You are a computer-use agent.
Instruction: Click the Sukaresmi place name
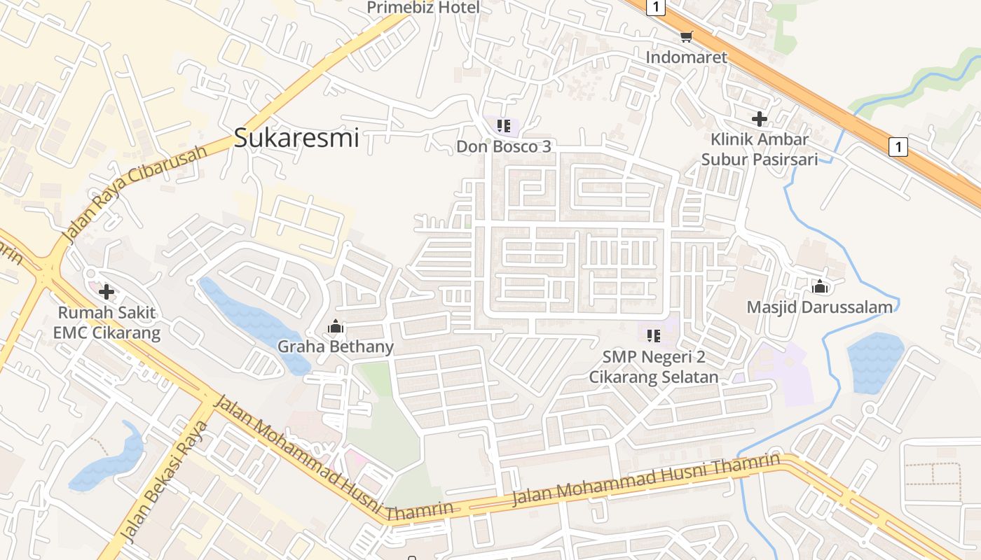[296, 138]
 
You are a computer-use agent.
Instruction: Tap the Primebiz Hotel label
[424, 8]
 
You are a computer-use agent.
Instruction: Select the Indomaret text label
[687, 57]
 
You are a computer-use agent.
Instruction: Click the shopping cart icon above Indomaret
[687, 36]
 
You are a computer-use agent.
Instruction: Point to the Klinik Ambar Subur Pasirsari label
[760, 149]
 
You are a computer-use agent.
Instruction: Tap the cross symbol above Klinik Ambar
[759, 118]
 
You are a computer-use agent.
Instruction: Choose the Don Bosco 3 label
[504, 146]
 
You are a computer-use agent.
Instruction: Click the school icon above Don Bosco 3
[503, 126]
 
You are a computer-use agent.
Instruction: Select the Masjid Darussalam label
[819, 307]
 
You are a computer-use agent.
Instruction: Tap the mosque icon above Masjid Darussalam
[819, 286]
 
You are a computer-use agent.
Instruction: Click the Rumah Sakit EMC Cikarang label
[107, 323]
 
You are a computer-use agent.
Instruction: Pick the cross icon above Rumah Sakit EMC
[107, 291]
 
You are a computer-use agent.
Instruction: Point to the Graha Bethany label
[336, 346]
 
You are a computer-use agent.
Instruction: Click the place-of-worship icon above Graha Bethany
[336, 326]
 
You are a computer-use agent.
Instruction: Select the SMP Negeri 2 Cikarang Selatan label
[654, 367]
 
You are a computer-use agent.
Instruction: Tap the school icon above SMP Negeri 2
[654, 336]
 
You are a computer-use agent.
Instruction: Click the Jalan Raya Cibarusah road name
[136, 194]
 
